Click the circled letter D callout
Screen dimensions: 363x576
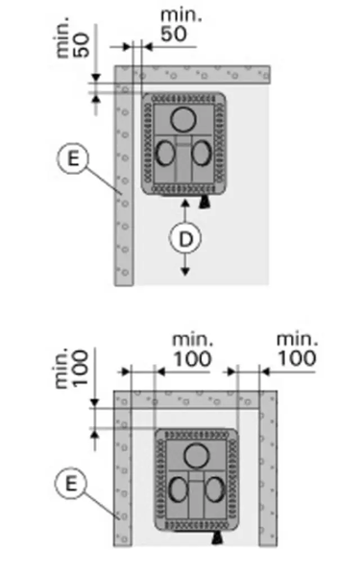point(185,238)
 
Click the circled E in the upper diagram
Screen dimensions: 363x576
point(73,158)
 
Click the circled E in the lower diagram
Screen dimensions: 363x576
point(71,483)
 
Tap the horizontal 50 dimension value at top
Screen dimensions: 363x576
point(174,34)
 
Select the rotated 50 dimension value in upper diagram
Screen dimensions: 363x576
point(82,45)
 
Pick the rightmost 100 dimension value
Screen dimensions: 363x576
point(297,358)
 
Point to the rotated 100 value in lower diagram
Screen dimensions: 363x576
point(80,368)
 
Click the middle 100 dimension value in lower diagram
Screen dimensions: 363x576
point(192,359)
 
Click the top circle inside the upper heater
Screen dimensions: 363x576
point(183,119)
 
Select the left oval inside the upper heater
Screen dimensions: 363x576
point(165,154)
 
